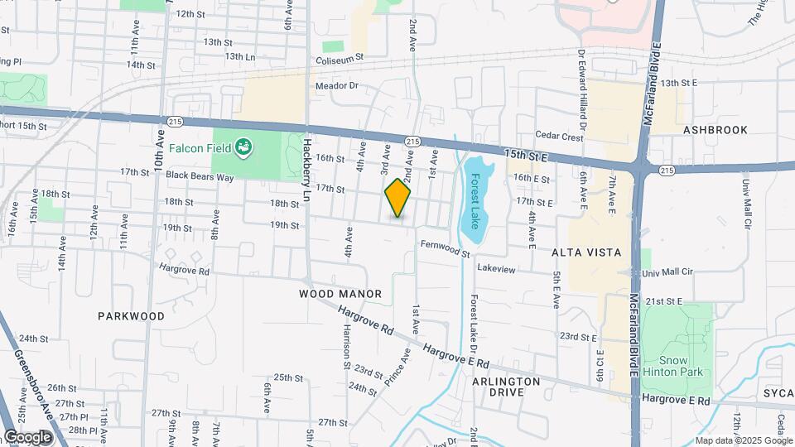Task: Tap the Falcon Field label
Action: click(199, 148)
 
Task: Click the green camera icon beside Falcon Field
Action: click(243, 148)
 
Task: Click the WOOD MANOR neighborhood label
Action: click(340, 294)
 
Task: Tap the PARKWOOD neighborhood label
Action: click(131, 316)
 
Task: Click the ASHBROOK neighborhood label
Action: click(715, 130)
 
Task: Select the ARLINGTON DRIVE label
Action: click(506, 387)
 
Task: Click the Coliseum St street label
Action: click(339, 59)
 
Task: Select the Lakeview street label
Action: click(497, 269)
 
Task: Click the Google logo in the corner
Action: click(27, 437)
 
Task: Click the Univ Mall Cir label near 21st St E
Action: click(667, 272)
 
